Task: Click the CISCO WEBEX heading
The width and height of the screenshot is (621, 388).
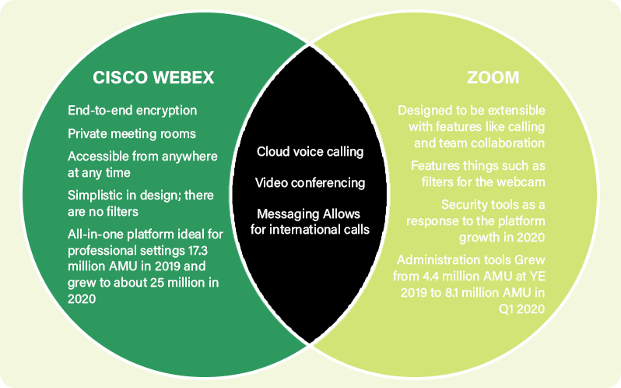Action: tap(153, 77)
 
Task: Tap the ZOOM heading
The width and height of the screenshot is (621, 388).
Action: tap(493, 77)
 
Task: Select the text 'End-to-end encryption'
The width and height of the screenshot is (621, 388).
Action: tap(132, 111)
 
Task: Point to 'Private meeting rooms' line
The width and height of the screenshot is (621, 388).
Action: tap(132, 133)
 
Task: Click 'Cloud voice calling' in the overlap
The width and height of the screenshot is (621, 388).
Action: tap(310, 152)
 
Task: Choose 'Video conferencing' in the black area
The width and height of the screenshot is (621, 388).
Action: tap(310, 183)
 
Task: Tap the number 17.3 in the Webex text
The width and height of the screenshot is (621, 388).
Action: tap(198, 250)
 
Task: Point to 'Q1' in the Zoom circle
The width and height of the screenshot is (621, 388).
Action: tap(507, 309)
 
